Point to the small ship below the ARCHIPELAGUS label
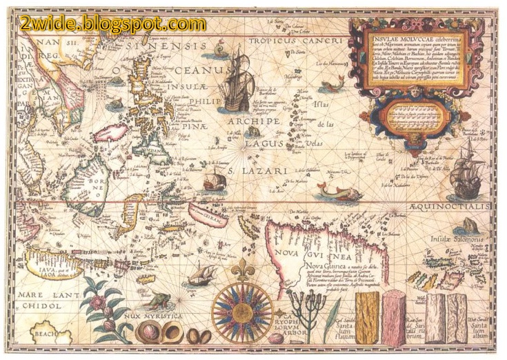point(214,181)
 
